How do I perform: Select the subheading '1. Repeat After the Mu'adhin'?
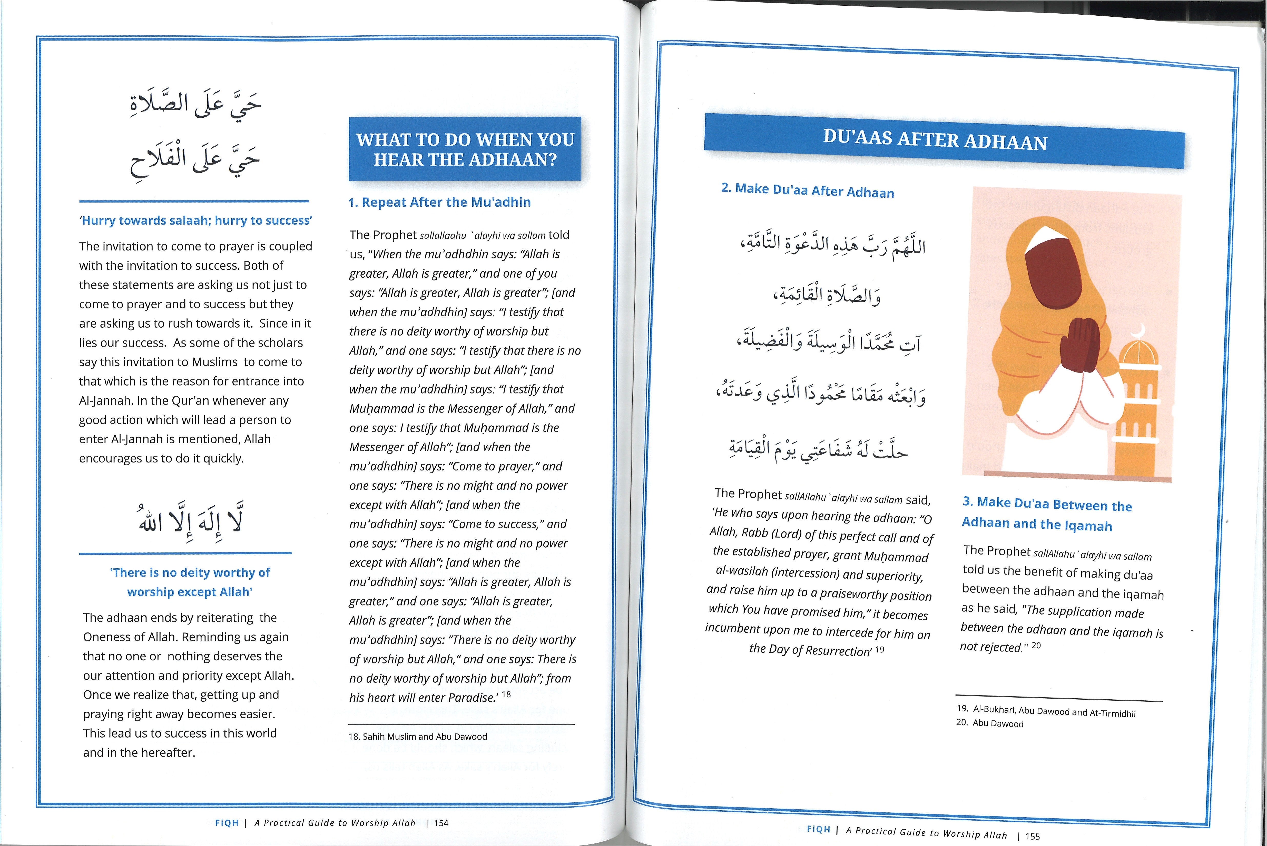tap(439, 202)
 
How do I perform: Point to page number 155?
tap(1032, 836)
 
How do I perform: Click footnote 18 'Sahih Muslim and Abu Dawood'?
tap(418, 737)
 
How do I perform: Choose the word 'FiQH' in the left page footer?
tap(227, 823)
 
